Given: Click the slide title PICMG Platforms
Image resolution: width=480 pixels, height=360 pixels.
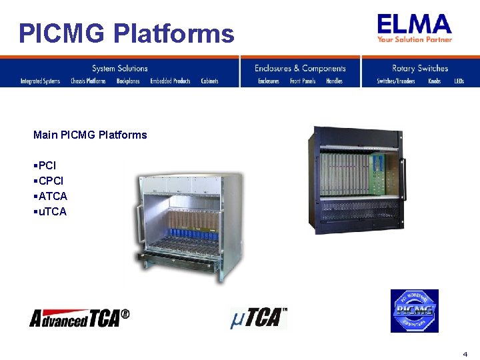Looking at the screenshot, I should click(x=127, y=33).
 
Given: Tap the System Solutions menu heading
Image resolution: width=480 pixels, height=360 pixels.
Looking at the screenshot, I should click(x=119, y=68).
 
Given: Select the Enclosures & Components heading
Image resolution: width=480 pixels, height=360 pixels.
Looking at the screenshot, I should click(x=300, y=68).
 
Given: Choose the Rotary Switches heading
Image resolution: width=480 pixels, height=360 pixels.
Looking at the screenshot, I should click(x=420, y=68).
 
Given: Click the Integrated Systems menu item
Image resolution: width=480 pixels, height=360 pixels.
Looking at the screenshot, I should click(x=40, y=81).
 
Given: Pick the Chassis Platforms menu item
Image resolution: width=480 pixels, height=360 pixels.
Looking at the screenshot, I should click(x=88, y=81).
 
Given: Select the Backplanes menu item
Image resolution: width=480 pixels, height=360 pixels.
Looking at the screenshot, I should click(x=128, y=81).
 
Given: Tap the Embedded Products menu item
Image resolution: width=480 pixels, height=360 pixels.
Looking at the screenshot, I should click(x=170, y=81).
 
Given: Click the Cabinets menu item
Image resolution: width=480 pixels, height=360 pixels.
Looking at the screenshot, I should click(x=209, y=81).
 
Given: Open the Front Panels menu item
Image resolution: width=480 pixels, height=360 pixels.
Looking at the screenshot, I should click(x=303, y=81).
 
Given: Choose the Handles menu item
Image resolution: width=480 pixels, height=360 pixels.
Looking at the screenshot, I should click(x=334, y=81).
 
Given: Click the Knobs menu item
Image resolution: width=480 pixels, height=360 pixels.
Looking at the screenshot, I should click(x=434, y=81).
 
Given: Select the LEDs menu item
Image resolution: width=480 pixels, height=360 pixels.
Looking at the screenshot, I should click(x=459, y=81).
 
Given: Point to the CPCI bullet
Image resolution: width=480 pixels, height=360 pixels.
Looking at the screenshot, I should click(x=51, y=181).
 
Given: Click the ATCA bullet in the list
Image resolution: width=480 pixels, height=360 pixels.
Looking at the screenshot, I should click(x=53, y=196).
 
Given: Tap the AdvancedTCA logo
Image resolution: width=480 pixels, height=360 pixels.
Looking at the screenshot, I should click(x=79, y=318).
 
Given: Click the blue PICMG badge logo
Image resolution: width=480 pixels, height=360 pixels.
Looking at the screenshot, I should click(x=414, y=311).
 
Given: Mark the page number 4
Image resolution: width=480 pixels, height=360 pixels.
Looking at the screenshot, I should click(x=465, y=353).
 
